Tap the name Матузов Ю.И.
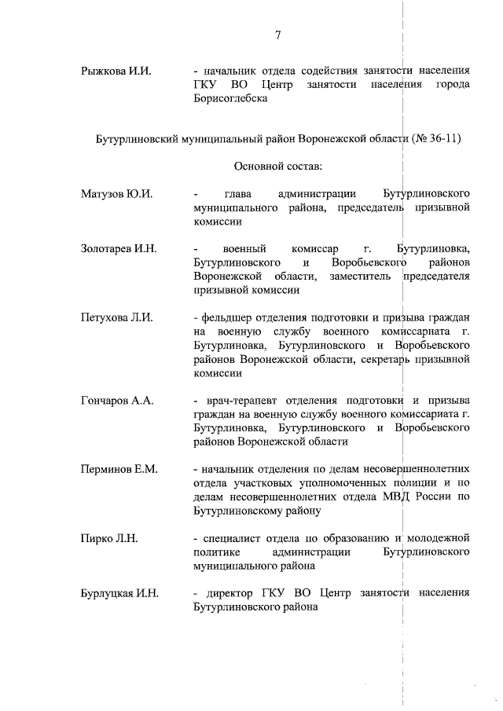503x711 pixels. click(116, 193)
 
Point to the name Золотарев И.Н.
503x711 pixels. click(119, 249)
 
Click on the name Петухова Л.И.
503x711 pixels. click(116, 318)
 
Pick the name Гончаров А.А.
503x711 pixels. click(116, 401)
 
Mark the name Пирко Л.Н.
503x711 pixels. click(109, 538)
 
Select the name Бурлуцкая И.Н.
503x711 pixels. click(119, 593)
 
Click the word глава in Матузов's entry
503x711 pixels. click(238, 193)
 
